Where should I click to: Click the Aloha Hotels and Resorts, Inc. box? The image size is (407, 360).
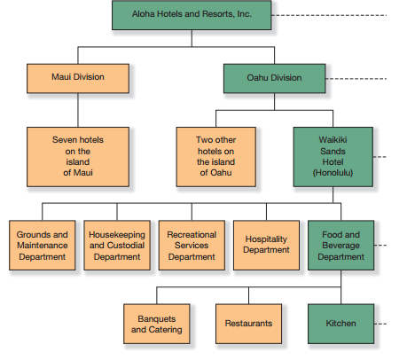click(x=192, y=15)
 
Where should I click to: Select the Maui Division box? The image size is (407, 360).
click(x=78, y=78)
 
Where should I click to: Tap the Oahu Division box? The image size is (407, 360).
click(x=275, y=78)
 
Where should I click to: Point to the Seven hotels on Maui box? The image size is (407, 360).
click(x=78, y=157)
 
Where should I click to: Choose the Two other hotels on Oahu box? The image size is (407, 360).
click(x=216, y=157)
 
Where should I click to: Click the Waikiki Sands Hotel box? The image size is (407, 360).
click(x=333, y=157)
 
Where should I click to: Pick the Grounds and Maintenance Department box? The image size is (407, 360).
click(x=43, y=245)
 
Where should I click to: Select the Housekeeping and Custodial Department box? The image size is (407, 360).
click(x=117, y=245)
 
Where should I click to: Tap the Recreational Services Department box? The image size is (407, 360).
click(x=192, y=245)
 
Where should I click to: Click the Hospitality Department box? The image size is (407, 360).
click(x=266, y=245)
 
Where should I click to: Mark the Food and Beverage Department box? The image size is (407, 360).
click(x=341, y=245)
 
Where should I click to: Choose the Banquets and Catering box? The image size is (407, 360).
click(x=157, y=324)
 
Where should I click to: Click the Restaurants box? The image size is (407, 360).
click(x=248, y=324)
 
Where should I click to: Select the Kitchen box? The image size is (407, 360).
click(x=341, y=324)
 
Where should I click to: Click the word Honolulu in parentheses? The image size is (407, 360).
click(x=333, y=173)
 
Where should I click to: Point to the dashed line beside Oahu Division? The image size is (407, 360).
click(x=356, y=79)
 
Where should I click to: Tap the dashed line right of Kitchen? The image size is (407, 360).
click(x=380, y=324)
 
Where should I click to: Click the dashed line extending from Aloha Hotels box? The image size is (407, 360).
click(x=329, y=15)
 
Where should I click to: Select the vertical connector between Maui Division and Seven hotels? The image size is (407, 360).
click(x=78, y=110)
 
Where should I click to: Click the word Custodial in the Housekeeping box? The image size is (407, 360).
click(x=126, y=246)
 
